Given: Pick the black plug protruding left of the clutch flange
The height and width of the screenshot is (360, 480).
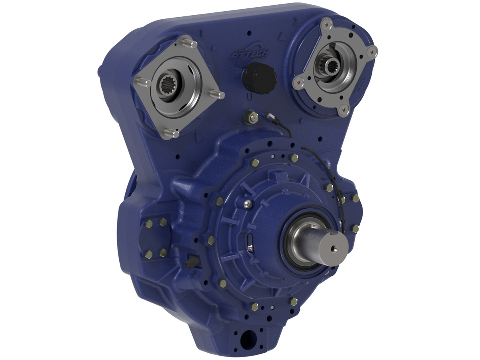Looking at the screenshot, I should (190, 264).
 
